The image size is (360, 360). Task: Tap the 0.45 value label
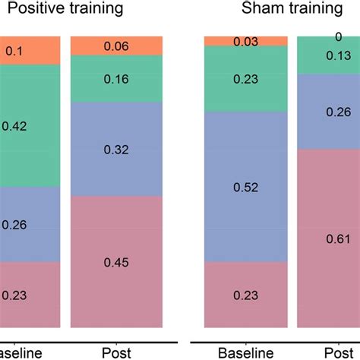(115, 263)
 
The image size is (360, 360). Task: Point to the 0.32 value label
(115, 150)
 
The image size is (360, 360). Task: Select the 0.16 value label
(115, 78)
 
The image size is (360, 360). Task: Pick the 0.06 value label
(115, 46)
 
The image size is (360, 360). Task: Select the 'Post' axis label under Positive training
(115, 352)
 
